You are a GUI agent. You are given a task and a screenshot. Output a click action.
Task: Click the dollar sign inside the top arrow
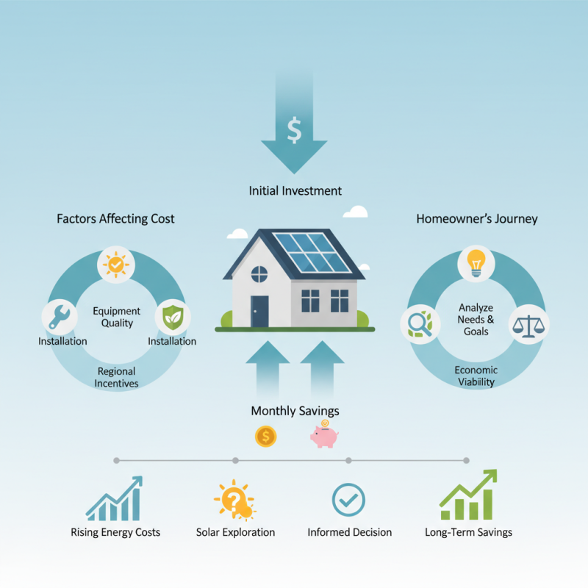(294, 131)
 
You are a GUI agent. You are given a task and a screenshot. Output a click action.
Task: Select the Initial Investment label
(295, 190)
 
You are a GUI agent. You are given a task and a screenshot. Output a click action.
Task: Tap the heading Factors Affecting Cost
(115, 218)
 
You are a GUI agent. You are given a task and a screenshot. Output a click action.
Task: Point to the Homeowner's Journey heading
(477, 218)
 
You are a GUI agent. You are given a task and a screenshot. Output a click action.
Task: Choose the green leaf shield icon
(172, 317)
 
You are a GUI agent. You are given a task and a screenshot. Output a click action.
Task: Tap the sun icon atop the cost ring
(116, 265)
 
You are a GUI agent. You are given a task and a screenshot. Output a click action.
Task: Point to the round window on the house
(259, 275)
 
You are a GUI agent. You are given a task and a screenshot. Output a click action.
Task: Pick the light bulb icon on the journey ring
(476, 263)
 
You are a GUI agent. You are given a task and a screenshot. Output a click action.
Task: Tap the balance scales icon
(529, 323)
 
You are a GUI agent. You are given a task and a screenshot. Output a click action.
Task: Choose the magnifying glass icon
(417, 323)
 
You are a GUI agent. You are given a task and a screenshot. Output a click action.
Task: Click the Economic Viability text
(476, 376)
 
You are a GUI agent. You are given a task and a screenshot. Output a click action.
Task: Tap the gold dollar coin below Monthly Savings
(265, 437)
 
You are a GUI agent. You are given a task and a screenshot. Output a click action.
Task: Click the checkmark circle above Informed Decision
(348, 500)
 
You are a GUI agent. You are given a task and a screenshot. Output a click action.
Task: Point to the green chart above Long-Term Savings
(468, 497)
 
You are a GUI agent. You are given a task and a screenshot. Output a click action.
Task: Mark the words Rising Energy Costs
(115, 532)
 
